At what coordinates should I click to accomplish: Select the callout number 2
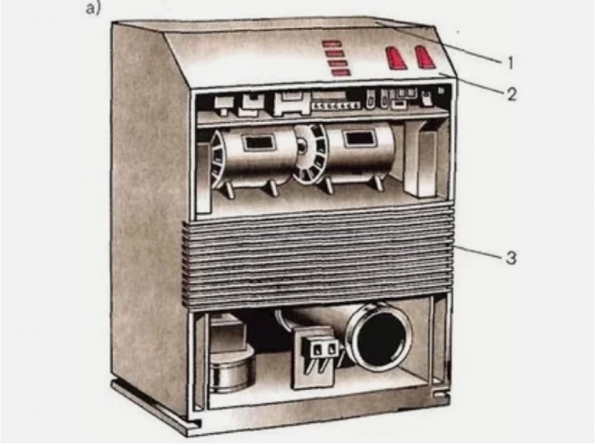tap(511, 94)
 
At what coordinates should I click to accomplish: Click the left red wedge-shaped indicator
tap(396, 58)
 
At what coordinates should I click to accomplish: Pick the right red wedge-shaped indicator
tap(425, 57)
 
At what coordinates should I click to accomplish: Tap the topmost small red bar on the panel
tap(331, 44)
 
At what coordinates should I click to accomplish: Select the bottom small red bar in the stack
tap(340, 73)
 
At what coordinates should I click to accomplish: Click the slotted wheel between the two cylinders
tap(311, 153)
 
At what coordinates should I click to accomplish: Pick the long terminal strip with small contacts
tap(336, 106)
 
